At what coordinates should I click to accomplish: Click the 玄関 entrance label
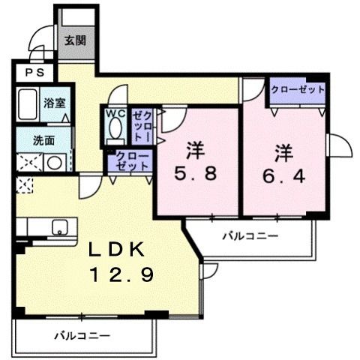coord(75,40)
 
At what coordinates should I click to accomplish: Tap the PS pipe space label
coord(35,73)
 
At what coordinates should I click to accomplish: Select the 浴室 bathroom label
coord(55,103)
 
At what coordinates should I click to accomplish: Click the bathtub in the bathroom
coord(28,103)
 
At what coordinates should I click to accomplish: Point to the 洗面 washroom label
coord(44,141)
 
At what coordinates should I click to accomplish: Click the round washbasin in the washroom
coord(55,163)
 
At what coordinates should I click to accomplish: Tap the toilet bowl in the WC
coord(115,128)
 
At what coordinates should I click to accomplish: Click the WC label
coord(115,113)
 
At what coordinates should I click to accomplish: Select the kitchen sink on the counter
coord(60,227)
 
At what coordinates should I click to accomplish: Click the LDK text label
coord(117,249)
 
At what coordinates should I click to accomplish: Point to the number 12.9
coord(122,274)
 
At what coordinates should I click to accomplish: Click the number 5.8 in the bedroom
coord(195,174)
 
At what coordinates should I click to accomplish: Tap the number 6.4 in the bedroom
coord(283,175)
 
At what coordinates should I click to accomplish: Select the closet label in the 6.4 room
coord(298,89)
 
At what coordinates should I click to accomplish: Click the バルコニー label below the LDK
coord(82,335)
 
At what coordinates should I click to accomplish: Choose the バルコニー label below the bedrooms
coord(250,235)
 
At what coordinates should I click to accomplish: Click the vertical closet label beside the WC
coord(142,127)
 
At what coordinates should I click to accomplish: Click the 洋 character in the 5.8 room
coord(195,150)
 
